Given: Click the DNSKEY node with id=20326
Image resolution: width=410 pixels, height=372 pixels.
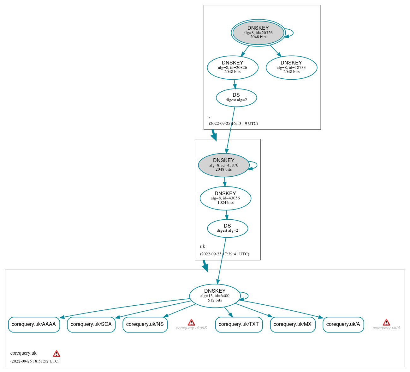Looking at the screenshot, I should (258, 33).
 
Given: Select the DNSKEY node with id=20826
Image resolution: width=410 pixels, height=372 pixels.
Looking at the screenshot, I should (233, 67).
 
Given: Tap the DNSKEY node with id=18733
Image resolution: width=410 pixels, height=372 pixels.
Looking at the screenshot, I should (291, 67).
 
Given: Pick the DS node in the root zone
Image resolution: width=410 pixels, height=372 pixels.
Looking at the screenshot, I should (236, 97).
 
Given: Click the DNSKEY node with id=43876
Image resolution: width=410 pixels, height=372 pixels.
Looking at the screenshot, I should (224, 165).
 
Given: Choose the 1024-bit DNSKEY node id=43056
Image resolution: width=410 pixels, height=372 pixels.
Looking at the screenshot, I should (225, 198).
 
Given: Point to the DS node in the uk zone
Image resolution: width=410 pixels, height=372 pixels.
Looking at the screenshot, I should (228, 228).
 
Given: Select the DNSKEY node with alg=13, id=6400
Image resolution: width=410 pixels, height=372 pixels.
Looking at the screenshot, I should (215, 296).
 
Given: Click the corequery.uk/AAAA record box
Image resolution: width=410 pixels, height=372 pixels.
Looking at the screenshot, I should (34, 324).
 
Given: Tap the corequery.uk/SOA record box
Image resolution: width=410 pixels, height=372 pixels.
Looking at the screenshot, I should (91, 324).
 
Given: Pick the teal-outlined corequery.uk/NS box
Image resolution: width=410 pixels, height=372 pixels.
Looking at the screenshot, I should (145, 324).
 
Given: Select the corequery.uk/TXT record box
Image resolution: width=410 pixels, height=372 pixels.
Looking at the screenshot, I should (239, 324).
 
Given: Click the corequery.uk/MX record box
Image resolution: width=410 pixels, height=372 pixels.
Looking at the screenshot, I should (293, 324).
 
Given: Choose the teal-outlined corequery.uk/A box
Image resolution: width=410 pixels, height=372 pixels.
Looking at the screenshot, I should (343, 324).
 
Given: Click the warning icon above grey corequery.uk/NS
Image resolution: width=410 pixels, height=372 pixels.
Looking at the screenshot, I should (191, 322).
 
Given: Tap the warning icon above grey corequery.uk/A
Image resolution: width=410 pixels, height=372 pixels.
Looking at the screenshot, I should (386, 322).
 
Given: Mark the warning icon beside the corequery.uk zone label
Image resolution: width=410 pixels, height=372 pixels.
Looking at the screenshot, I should (56, 353).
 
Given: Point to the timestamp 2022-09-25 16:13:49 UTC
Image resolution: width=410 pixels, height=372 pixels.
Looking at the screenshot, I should (233, 124).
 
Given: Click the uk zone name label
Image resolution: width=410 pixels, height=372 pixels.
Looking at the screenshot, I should (203, 247).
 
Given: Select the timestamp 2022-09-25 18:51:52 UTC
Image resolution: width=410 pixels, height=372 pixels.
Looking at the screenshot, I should (35, 361).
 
